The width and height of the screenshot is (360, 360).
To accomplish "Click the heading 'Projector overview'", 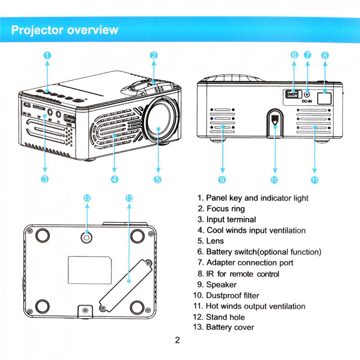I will pos(64,30).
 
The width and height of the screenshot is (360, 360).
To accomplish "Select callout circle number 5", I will pos(157,179).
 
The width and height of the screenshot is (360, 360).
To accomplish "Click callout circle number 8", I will pos(325,55).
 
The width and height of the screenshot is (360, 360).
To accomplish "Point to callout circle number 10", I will pos(274,180).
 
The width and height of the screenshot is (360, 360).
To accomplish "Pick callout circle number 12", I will pos(87,198).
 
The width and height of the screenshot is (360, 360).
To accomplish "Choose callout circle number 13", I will pos(129,198).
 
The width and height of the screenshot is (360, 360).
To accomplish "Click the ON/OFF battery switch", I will pos(292,94).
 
